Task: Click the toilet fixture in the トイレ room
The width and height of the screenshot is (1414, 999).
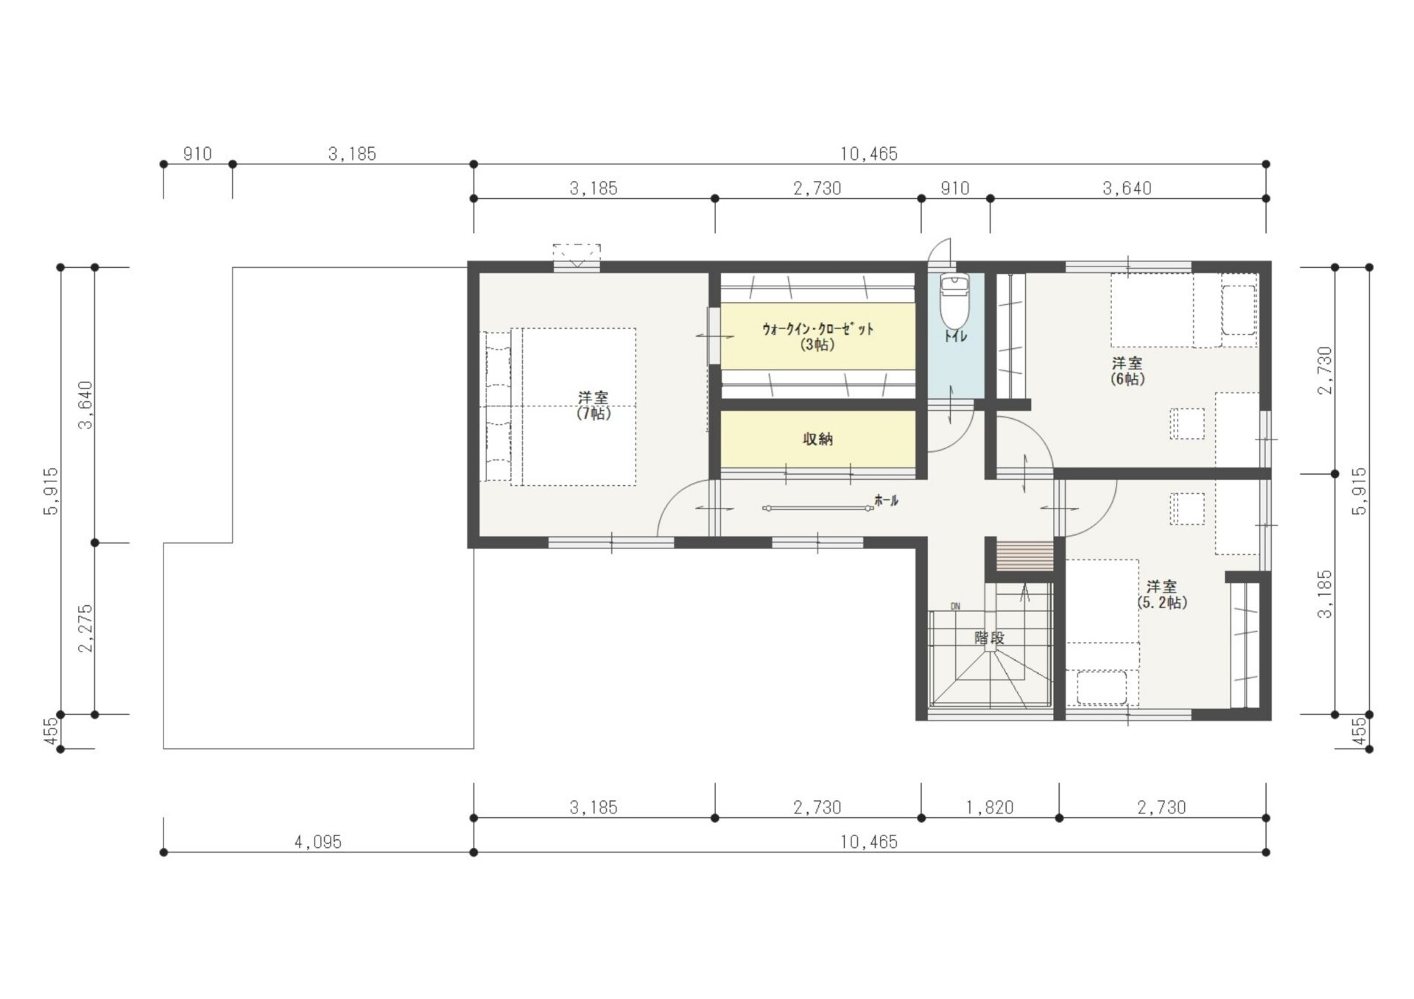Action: (x=954, y=302)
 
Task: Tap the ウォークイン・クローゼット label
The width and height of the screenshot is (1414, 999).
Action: (x=817, y=336)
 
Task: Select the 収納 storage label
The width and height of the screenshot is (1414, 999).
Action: (x=817, y=440)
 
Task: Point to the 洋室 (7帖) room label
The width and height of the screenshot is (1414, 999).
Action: (x=594, y=406)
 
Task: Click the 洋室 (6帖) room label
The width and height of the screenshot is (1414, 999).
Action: (x=1127, y=371)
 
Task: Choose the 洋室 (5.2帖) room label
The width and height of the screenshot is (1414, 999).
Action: (x=1161, y=595)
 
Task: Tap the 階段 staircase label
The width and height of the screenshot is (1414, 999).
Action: (x=989, y=638)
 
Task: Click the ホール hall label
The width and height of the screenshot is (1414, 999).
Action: (x=886, y=501)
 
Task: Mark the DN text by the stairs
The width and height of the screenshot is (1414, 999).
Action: (x=955, y=607)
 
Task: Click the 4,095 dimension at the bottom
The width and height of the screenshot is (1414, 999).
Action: (x=318, y=842)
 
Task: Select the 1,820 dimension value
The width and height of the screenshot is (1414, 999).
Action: (x=990, y=808)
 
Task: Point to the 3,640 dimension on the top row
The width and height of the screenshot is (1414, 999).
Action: (x=1127, y=188)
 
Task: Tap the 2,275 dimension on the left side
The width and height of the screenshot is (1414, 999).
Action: (x=86, y=628)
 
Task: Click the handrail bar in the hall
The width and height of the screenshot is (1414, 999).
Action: (x=817, y=508)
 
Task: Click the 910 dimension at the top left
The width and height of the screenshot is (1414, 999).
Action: (x=197, y=154)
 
